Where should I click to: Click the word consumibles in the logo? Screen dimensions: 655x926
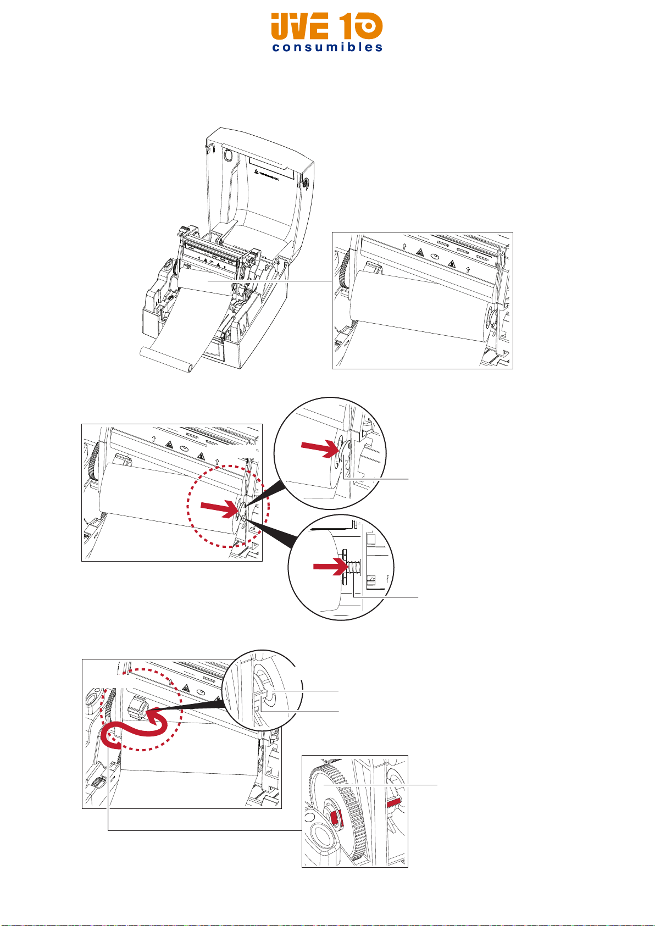[x=327, y=47]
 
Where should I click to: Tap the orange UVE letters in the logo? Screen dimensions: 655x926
[x=300, y=27]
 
